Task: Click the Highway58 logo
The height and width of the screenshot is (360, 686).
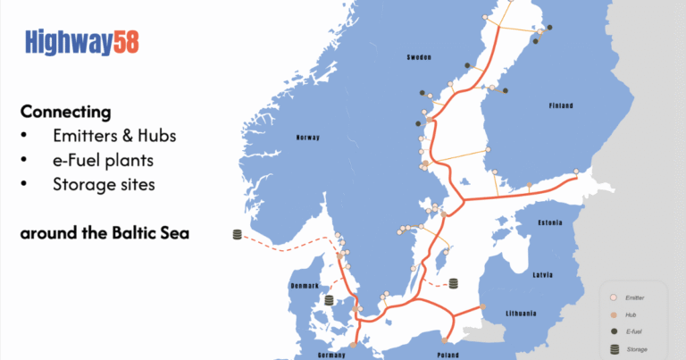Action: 81,41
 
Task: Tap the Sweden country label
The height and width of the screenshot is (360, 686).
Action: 419,57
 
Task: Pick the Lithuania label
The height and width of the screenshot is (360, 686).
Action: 520,314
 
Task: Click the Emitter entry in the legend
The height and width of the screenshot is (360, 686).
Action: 636,297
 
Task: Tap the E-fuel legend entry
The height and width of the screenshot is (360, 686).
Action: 634,331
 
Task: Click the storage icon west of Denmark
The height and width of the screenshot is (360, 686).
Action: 238,235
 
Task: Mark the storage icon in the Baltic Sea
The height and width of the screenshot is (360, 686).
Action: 453,283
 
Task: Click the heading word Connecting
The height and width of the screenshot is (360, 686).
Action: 65,113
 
